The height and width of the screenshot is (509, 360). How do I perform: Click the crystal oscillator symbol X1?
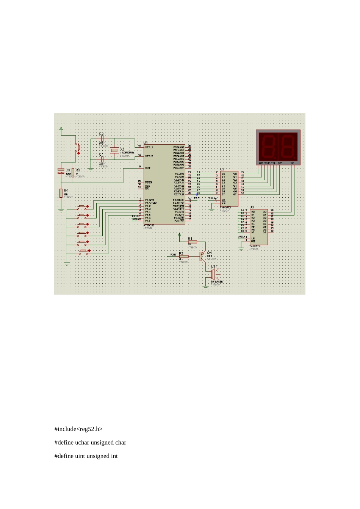point(114,151)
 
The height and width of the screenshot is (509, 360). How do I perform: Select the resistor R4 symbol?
point(61,193)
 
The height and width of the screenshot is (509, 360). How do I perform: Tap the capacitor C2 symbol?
point(102,139)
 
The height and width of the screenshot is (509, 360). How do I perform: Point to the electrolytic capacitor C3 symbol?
point(61,171)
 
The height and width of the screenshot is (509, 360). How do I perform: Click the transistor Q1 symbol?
point(202,256)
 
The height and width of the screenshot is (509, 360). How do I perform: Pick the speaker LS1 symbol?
point(213,275)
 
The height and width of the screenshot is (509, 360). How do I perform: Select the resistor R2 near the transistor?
point(184,256)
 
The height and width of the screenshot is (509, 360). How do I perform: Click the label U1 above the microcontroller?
point(146,142)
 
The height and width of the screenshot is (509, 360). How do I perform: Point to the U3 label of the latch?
point(252,207)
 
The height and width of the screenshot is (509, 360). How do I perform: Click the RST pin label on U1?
point(148,168)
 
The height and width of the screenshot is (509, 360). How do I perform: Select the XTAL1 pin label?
point(149,147)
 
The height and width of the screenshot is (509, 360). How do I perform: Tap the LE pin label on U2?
point(223,200)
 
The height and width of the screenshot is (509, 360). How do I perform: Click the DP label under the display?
point(280,163)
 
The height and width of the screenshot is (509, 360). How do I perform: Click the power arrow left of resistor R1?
point(180,235)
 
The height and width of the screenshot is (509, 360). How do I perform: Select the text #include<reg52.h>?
point(78,429)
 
